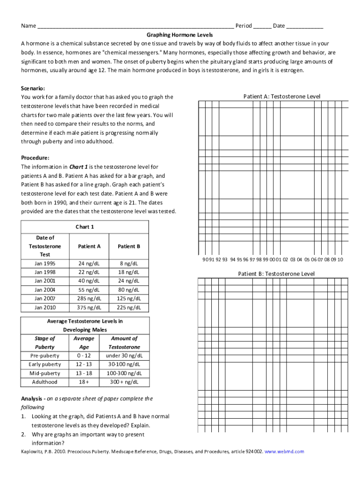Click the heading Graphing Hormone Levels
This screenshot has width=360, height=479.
coord(180,35)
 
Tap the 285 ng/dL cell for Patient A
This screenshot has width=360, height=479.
coord(89,298)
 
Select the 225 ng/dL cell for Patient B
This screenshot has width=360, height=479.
coord(129,307)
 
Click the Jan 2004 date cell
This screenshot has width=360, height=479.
coord(45,290)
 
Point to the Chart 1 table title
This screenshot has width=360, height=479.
coord(85,227)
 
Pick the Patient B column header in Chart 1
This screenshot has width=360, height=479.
coord(129,246)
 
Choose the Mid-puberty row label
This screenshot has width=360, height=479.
coord(44,373)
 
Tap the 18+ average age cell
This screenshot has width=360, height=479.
coord(84,382)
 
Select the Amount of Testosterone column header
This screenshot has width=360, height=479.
coord(124,342)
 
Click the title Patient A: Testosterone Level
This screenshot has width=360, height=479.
coord(282,97)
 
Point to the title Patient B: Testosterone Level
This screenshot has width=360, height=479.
coord(276,274)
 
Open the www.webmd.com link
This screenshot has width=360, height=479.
coord(284,452)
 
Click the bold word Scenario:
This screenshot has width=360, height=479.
coord(33,88)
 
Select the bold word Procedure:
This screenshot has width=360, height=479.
coord(35,158)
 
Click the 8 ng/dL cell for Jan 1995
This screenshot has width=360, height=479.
coord(129,263)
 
